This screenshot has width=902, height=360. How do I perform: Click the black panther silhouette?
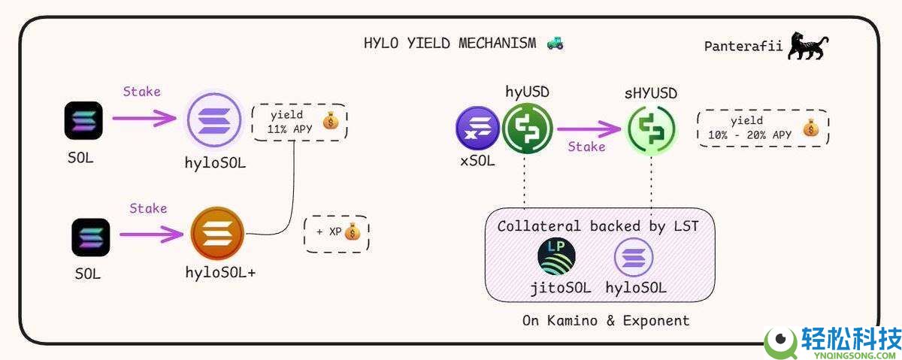coord(807,47)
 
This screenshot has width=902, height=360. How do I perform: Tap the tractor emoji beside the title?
coord(555,43)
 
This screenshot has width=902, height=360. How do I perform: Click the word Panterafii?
coord(743,47)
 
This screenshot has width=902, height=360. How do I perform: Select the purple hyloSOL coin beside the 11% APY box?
coord(214,120)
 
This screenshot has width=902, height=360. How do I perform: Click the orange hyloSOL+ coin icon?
coord(217,234)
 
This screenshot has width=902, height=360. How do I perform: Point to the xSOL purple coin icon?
coord(477,129)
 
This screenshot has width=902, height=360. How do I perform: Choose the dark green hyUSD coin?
coord(528,129)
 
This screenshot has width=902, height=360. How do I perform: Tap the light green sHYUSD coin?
coord(652,130)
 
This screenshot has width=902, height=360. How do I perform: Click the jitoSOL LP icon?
coord(556,256)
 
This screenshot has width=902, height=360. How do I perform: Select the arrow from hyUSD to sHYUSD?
coord(589,129)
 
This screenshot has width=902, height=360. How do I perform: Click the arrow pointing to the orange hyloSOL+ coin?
coord(151,234)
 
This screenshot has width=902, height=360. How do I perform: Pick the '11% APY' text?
coord(289,129)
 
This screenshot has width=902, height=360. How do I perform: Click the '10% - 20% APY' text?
coord(750,135)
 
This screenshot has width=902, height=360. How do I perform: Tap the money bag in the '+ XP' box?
coord(353,231)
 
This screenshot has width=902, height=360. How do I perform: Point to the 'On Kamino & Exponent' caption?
coord(606,321)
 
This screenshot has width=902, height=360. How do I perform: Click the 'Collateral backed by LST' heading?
coord(598,226)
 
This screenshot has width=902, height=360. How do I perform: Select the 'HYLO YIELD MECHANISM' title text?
coord(449,43)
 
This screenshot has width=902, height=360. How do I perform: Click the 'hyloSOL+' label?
coord(220,273)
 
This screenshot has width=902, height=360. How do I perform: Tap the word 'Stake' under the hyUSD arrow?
coord(586,147)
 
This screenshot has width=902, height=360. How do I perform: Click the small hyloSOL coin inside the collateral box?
coord(634,257)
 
